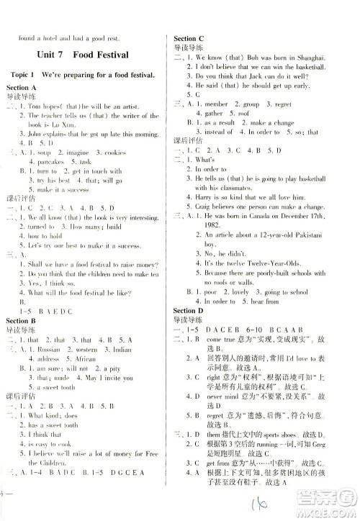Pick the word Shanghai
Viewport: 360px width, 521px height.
tap(309, 57)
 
